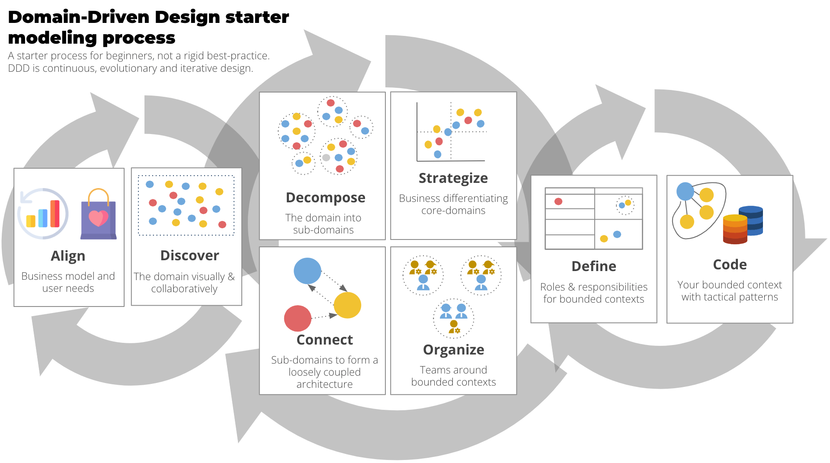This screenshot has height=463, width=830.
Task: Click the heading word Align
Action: tap(68, 256)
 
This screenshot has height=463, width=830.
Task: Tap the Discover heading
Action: tap(189, 255)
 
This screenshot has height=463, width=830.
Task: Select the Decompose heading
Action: tap(325, 198)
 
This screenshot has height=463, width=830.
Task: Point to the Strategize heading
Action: tap(453, 178)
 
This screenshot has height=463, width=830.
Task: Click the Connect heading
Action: tap(324, 340)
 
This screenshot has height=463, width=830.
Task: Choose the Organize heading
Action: tap(453, 350)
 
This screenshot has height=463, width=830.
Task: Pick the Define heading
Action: tap(593, 266)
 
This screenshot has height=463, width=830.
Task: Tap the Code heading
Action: tap(730, 265)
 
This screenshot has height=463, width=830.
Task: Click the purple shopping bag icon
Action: tap(99, 216)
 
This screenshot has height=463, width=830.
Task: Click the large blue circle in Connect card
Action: tap(307, 271)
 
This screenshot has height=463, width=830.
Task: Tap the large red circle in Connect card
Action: tap(298, 319)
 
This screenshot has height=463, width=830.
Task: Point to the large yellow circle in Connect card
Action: tap(347, 305)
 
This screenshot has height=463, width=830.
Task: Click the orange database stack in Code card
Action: tap(735, 229)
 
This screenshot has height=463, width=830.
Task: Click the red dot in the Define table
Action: tap(558, 201)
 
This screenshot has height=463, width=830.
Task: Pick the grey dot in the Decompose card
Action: tap(326, 157)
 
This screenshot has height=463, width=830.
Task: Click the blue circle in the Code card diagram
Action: tap(685, 191)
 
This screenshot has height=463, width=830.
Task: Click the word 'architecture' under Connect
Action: tap(324, 384)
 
